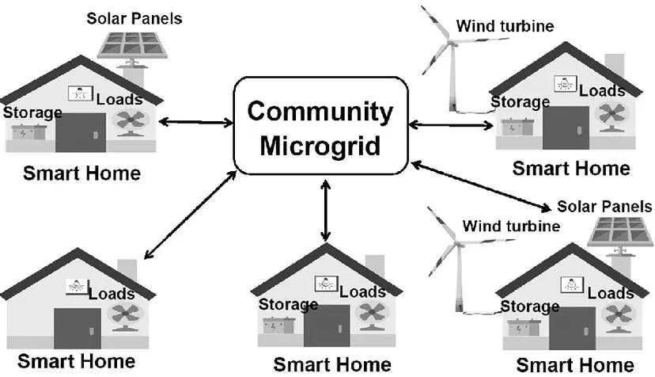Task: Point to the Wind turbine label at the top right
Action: pyautogui.click(x=504, y=27)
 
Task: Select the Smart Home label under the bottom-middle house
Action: pyautogui.click(x=331, y=364)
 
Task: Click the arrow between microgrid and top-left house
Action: pyautogui.click(x=195, y=122)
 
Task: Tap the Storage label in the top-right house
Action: pyautogui.click(x=520, y=101)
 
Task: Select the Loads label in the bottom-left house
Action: pyautogui.click(x=111, y=294)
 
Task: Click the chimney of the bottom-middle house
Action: pyautogui.click(x=374, y=266)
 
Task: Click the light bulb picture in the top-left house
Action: pyautogui.click(x=80, y=93)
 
